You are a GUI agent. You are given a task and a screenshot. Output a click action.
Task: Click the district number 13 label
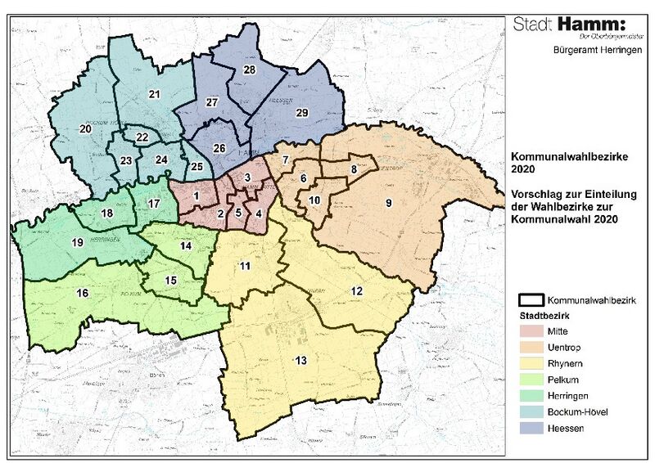(x=300, y=361)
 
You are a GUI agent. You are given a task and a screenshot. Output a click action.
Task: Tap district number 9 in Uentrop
(x=389, y=203)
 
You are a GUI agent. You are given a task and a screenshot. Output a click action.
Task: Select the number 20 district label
(x=84, y=129)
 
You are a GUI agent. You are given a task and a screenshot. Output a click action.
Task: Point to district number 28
(x=250, y=70)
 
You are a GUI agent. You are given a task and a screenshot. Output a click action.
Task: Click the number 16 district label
(x=83, y=294)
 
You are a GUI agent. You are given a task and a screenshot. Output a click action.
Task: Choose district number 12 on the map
(x=357, y=291)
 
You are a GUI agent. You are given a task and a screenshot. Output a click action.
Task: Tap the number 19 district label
(x=78, y=243)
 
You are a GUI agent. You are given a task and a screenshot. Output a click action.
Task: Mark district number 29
(x=301, y=112)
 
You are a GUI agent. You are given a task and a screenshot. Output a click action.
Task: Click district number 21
(x=153, y=95)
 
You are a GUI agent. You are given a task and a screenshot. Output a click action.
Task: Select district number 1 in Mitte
(x=196, y=196)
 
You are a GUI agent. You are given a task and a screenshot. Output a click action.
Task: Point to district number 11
(x=245, y=267)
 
